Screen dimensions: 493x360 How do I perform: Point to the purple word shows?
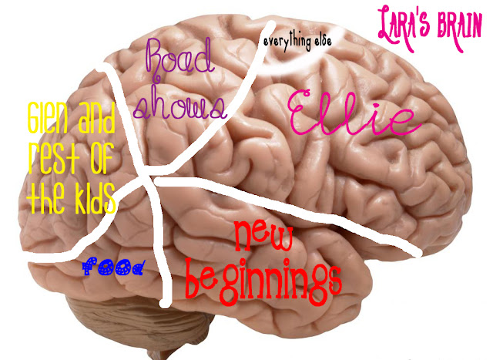(x=181, y=106)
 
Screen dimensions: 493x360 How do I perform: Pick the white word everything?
(x=289, y=40)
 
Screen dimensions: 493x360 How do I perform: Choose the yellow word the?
(x=47, y=200)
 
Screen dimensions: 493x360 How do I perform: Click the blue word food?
(x=112, y=267)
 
